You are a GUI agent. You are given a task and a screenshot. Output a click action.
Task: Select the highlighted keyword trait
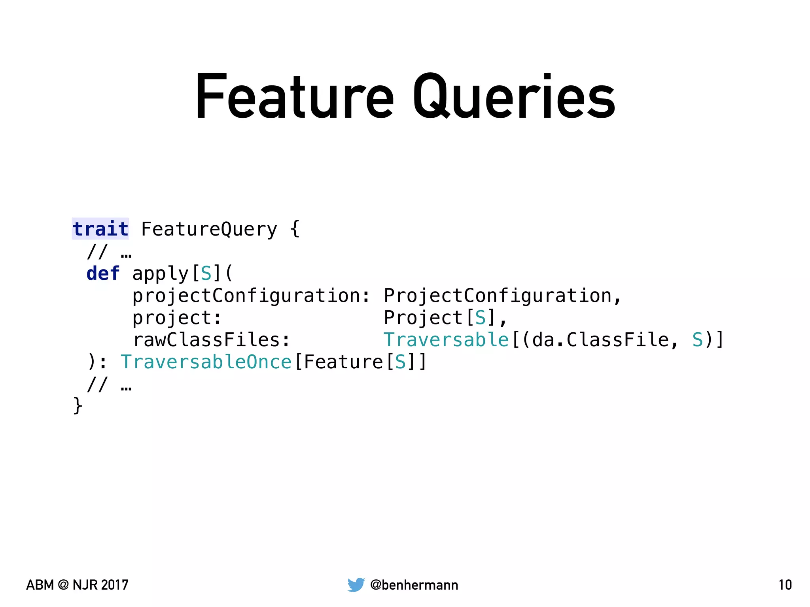[100, 229]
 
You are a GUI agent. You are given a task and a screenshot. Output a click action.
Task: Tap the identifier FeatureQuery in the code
[209, 229]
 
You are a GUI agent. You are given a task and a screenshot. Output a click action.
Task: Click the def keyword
[103, 273]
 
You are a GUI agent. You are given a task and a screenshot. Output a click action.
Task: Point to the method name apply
[161, 273]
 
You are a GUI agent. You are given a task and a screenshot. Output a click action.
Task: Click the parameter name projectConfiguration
[246, 296]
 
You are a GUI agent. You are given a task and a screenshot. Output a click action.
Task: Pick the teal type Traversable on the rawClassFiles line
[446, 340]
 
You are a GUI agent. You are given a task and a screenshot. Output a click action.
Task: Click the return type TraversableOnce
[206, 362]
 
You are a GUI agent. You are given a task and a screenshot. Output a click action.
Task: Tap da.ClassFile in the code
[600, 340]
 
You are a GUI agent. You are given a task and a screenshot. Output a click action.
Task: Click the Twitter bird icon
[356, 585]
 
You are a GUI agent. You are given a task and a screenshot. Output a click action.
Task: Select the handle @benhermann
[414, 585]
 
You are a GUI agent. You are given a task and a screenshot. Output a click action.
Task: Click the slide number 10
[785, 585]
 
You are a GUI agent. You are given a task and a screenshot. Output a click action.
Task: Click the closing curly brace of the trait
[78, 406]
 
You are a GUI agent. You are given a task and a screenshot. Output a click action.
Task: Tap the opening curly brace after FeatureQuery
[295, 229]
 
